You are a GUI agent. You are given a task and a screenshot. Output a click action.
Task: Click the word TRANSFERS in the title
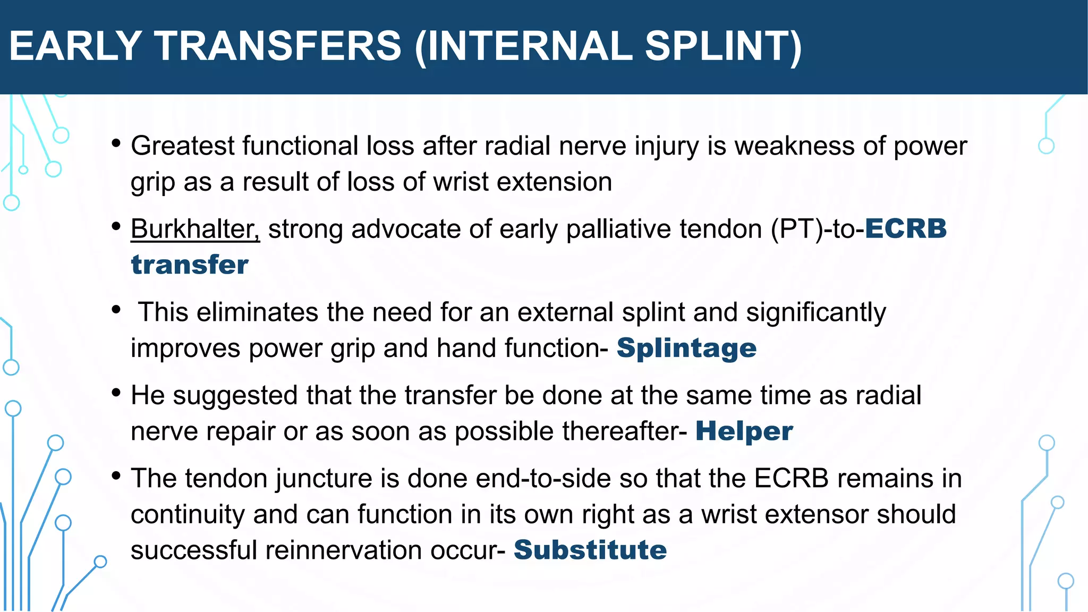[x=278, y=46]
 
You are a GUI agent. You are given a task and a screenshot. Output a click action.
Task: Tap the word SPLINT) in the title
[x=723, y=46]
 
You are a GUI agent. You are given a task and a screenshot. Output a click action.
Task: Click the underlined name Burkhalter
[x=195, y=229]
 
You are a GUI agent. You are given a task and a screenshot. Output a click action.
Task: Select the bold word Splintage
[x=686, y=348]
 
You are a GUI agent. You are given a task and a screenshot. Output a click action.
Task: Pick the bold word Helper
[x=744, y=431]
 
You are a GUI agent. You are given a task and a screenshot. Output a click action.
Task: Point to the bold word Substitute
[x=590, y=550]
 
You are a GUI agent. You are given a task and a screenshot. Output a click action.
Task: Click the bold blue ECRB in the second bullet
[x=906, y=229]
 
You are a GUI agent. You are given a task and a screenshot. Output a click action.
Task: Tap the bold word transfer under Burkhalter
[x=190, y=265]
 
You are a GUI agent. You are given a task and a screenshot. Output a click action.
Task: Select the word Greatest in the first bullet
[x=182, y=146]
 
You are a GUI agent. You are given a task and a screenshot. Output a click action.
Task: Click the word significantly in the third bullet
[x=815, y=312]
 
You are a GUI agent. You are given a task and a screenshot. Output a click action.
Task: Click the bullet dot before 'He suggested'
[x=116, y=394]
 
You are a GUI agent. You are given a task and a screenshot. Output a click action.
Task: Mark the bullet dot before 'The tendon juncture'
[x=116, y=477]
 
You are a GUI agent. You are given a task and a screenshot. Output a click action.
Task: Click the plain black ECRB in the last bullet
[x=791, y=479]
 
